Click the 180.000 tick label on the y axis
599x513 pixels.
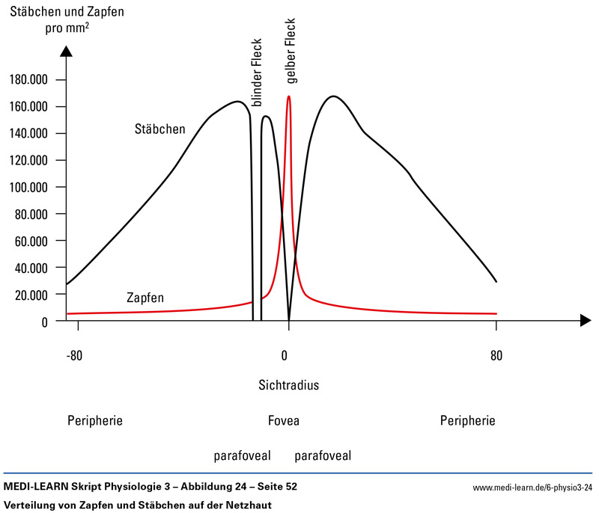27,80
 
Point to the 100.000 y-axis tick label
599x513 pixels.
27,187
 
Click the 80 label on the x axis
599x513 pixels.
496,355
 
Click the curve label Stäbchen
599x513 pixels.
160,129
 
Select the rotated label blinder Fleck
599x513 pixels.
257,76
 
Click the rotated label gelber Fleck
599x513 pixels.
291,51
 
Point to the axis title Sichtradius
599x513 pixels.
289,386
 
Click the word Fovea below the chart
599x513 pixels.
284,421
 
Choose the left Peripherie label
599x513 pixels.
94,421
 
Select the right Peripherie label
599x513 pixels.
468,421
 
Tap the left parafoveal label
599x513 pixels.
242,455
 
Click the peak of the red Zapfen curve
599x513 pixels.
288,96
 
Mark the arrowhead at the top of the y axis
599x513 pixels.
66,52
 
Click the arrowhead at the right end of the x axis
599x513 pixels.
586,321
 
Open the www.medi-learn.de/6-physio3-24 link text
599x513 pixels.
532,488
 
